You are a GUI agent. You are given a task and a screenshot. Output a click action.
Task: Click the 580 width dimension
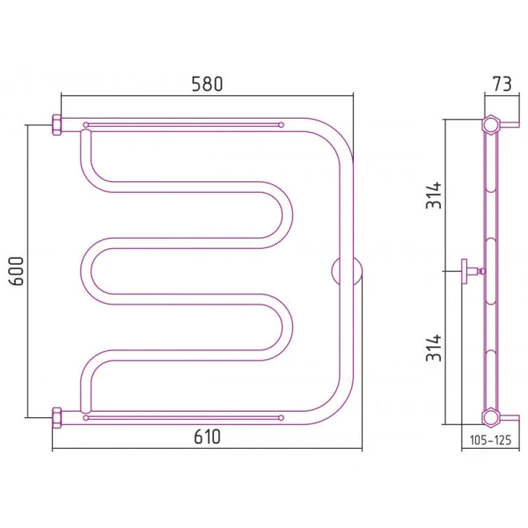point(207,84)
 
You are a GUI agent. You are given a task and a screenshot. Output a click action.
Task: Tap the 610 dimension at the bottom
point(207,436)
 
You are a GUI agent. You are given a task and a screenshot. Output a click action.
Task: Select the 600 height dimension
point(17,271)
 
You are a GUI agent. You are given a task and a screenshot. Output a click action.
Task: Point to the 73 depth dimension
point(502,84)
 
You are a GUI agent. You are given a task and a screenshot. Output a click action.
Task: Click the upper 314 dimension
point(434,195)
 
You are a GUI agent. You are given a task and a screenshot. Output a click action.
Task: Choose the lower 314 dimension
point(434,348)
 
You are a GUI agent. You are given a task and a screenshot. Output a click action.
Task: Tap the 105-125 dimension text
point(490,440)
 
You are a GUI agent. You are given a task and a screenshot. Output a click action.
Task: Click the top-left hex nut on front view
point(56,125)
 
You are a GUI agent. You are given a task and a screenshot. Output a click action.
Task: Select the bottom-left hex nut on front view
point(56,417)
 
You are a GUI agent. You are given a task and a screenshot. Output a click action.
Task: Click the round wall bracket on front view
point(347,271)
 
